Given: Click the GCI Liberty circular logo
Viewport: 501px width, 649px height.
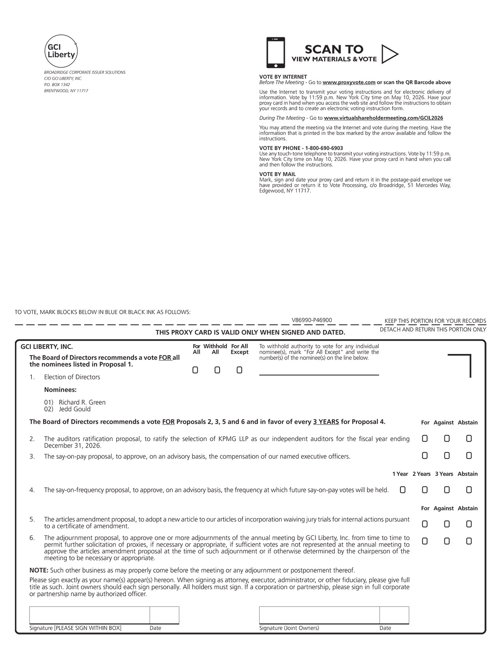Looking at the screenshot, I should tap(61, 51).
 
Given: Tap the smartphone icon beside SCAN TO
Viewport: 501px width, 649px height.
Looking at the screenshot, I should tap(275, 53).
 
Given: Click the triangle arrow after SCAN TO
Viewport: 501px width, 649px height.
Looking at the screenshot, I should tap(389, 54).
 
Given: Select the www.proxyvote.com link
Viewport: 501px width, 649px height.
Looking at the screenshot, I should tap(349, 83).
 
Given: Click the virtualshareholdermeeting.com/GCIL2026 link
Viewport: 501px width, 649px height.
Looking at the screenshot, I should tap(383, 118).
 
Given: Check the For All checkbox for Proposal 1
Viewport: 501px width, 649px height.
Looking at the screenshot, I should tap(195, 370).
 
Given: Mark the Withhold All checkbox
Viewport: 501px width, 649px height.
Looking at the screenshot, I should tap(217, 370).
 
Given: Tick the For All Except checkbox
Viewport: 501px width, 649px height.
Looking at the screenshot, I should tap(239, 370).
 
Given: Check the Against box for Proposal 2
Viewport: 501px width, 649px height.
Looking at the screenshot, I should tap(447, 439).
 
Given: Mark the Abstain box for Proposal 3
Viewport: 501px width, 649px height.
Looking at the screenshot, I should tap(469, 456).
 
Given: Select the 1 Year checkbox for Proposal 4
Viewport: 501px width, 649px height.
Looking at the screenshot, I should tap(403, 490).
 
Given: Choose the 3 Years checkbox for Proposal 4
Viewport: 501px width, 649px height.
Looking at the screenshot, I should tap(447, 490).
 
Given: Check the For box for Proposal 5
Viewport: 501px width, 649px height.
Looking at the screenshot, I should tap(425, 524).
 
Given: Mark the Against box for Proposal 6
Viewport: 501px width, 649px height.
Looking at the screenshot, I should tap(447, 542).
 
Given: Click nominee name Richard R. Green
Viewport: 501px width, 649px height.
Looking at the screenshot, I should tap(82, 402).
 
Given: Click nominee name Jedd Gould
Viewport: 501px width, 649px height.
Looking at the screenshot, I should tap(75, 409).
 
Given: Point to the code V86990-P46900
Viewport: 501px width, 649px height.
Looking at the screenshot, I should tap(312, 320).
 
